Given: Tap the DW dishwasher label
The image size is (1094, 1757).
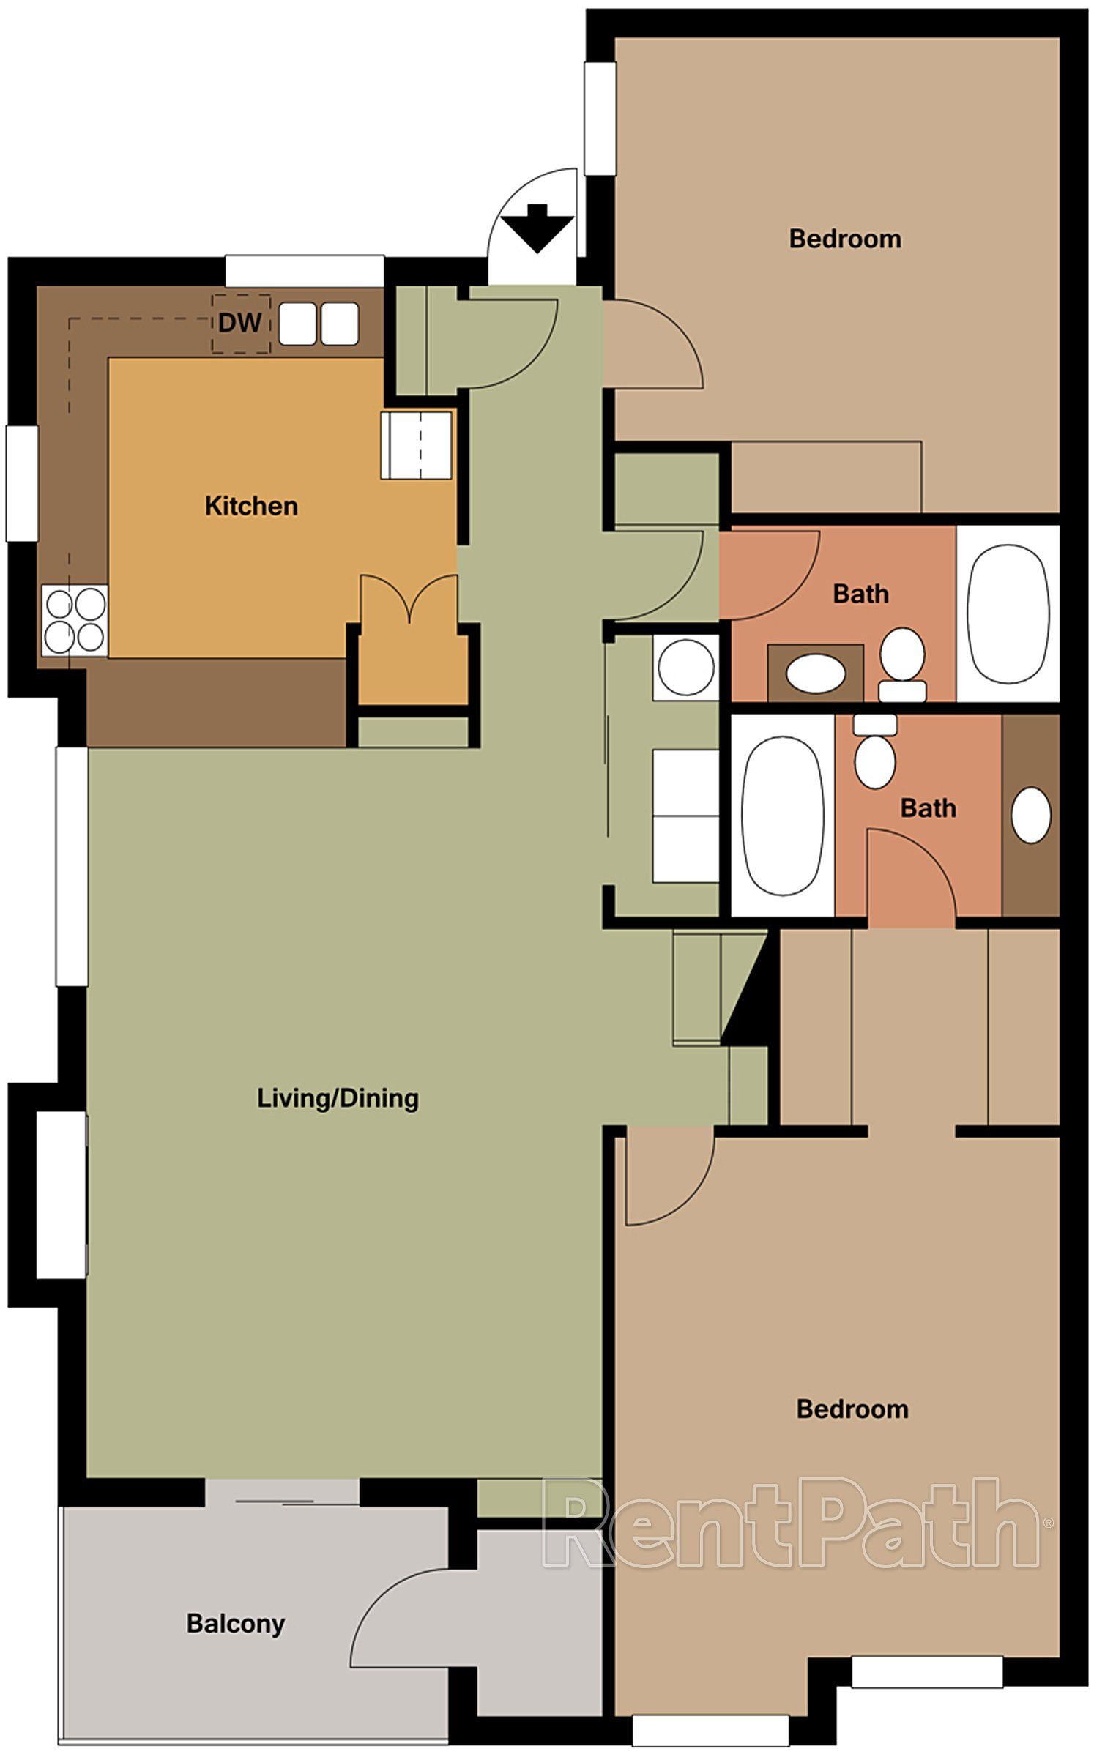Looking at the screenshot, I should (x=240, y=323).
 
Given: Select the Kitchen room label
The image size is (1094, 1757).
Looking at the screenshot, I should (x=251, y=506).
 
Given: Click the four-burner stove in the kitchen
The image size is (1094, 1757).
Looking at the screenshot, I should (x=75, y=620).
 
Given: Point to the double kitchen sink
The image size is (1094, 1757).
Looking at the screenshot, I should (x=320, y=324).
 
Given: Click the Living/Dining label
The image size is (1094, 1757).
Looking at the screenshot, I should (x=338, y=1097).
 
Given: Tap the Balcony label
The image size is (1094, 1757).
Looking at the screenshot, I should (x=235, y=1623).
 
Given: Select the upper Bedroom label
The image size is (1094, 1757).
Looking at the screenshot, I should (x=844, y=239).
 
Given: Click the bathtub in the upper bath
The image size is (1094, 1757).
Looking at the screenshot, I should (x=1007, y=613).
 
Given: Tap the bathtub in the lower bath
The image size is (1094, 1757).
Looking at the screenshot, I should (x=782, y=815).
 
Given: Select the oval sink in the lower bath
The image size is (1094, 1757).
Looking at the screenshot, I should (x=1030, y=815).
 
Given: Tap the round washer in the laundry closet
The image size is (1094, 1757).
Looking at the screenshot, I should (x=685, y=666).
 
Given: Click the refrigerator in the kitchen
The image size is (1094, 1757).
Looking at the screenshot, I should (x=416, y=445).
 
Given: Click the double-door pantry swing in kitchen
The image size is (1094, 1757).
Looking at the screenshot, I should (x=409, y=598).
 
